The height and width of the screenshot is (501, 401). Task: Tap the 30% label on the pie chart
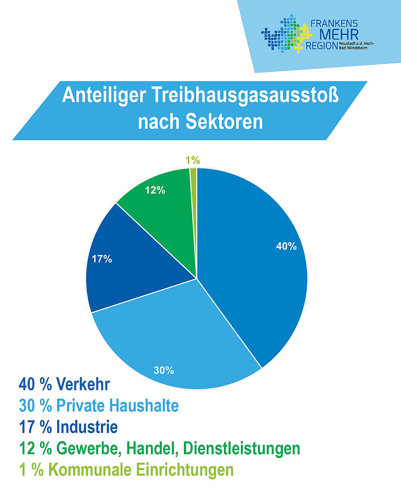[x=164, y=370]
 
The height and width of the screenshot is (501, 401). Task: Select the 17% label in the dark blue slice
[x=102, y=259]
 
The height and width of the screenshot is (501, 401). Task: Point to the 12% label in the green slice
[x=155, y=190]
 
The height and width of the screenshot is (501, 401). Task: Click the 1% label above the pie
[x=192, y=160]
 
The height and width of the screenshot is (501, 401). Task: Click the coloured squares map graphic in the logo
[x=287, y=34]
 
